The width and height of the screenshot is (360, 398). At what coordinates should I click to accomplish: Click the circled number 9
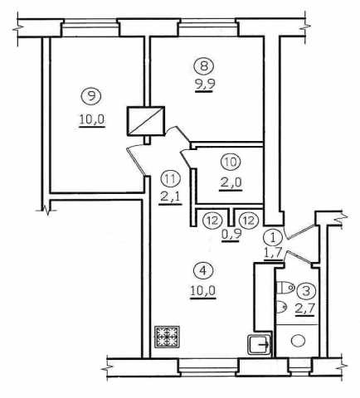[x=91, y=96]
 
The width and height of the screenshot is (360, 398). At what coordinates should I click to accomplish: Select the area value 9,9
[x=205, y=85]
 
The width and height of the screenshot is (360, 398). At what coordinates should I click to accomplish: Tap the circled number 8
[x=204, y=66]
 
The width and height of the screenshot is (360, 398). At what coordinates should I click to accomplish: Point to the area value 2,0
[x=231, y=183]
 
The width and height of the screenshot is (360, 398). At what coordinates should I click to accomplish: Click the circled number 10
[x=231, y=162]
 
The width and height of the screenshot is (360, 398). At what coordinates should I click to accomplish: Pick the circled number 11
[x=171, y=178]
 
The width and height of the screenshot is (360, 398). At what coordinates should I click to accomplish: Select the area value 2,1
[x=170, y=197]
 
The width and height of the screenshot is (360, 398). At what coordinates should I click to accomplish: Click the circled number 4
[x=203, y=271]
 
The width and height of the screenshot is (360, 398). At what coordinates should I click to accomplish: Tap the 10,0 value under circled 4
[x=203, y=291]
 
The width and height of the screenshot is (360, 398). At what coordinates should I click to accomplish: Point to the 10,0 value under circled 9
[x=92, y=120]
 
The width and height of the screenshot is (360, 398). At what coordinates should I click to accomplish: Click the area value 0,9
[x=231, y=235]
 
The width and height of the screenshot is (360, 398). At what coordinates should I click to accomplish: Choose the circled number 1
[x=273, y=238]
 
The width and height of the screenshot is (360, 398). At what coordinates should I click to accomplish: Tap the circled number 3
[x=306, y=291]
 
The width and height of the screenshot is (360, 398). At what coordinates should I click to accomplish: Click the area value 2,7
[x=305, y=309]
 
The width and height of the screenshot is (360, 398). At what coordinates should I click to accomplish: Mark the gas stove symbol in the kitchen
[x=167, y=337]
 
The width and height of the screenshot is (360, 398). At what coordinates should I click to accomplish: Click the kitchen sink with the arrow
[x=260, y=344]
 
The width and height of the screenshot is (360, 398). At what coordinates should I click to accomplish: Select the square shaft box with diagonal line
[x=146, y=121]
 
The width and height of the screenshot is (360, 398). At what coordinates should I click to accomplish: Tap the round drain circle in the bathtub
[x=298, y=341]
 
